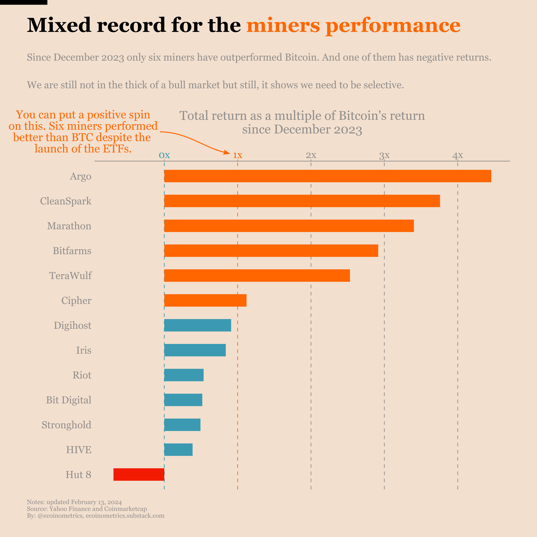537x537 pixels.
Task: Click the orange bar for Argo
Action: click(x=327, y=176)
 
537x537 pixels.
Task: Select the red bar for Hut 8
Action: click(x=139, y=474)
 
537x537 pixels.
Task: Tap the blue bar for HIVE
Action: click(x=178, y=449)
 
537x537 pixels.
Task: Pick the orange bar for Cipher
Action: click(x=205, y=300)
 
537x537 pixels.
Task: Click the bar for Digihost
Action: click(x=197, y=325)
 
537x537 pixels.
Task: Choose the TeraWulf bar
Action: click(x=257, y=275)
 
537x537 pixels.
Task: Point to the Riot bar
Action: click(x=184, y=375)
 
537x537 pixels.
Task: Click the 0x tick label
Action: click(x=164, y=155)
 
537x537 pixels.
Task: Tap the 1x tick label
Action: click(x=238, y=155)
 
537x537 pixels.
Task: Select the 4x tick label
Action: click(x=458, y=155)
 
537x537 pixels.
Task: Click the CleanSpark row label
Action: click(x=66, y=201)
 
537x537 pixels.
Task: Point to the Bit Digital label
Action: click(x=68, y=400)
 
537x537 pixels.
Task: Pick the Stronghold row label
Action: click(x=66, y=425)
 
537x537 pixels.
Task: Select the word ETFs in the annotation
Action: click(x=117, y=149)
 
